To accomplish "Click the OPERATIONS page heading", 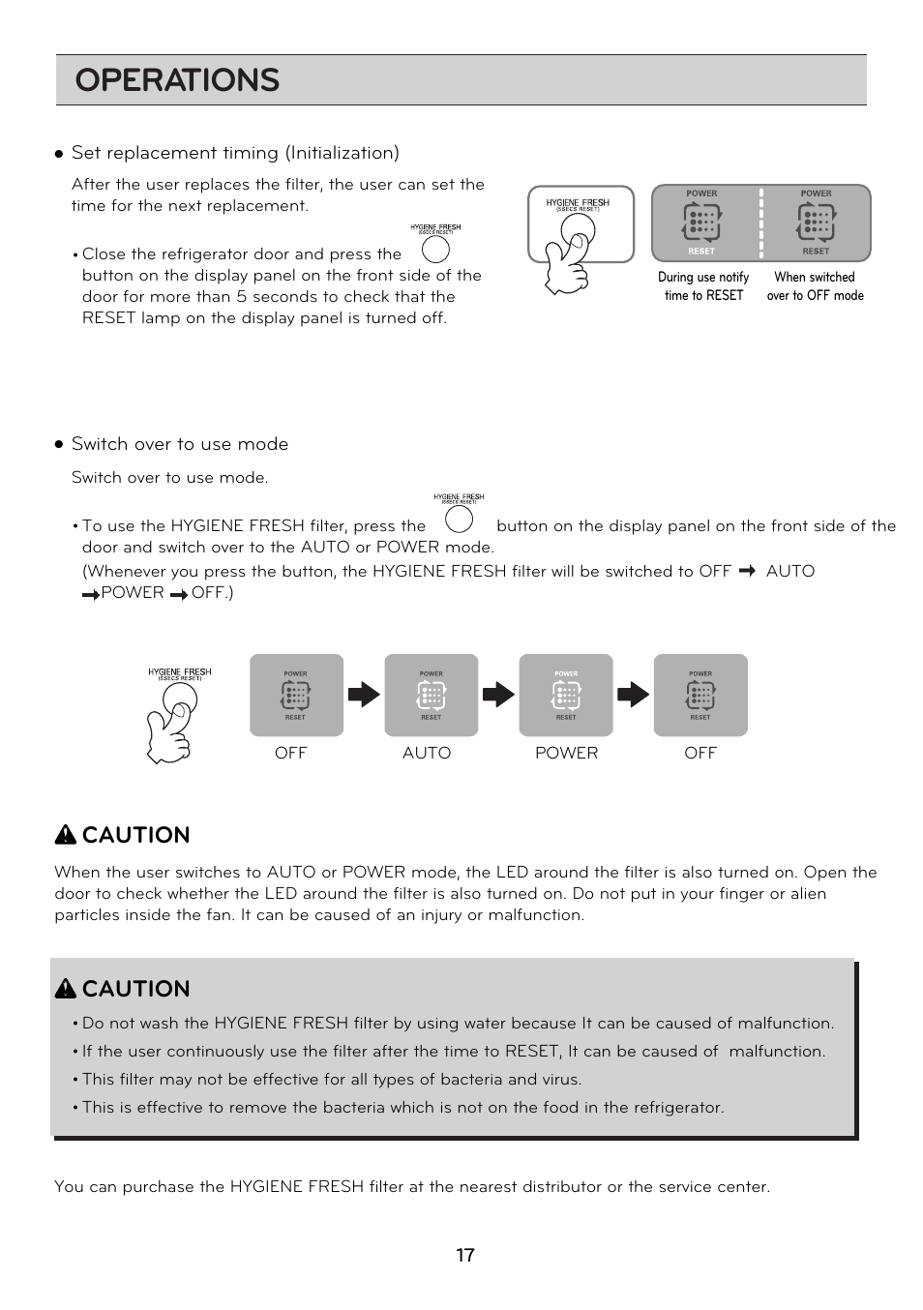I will coord(177,80).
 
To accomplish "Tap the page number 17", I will coord(465,1255).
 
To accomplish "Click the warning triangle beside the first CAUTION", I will coord(65,835).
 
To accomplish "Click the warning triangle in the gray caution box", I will coord(65,989).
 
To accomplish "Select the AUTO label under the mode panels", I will coord(427,753).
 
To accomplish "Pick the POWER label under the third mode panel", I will coord(566,753).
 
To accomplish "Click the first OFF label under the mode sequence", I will coord(290,753).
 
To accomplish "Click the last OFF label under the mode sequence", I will coord(700,753).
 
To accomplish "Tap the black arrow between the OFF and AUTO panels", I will coord(364,695).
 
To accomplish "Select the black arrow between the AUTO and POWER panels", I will coord(498,695).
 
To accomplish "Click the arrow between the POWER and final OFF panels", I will coord(633,695).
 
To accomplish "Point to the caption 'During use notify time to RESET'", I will coord(703,286).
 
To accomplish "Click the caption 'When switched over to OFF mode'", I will coord(815,286).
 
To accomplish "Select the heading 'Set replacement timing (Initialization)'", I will coord(235,153).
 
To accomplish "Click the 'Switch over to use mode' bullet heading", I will coord(180,444).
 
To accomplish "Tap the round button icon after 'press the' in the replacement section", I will coord(435,250).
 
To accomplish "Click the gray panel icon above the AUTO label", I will coord(432,695).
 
